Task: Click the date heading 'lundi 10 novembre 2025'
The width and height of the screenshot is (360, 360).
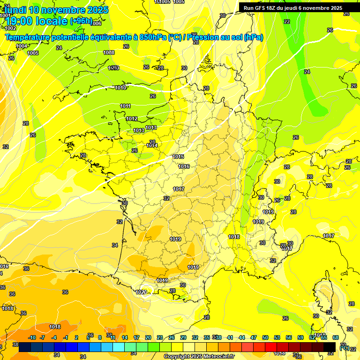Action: [56, 10]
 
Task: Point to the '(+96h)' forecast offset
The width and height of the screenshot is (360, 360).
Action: [81, 22]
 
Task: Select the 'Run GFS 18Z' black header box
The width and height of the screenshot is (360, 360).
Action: [293, 7]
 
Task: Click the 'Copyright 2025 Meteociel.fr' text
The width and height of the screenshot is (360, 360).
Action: [200, 356]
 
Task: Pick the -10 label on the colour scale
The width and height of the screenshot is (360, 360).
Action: [32, 337]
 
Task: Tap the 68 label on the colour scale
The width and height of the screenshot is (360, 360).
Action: [335, 337]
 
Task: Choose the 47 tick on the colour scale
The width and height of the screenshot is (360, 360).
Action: [254, 337]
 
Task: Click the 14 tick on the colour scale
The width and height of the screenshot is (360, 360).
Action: [125, 337]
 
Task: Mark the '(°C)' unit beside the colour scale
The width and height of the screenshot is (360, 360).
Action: [344, 347]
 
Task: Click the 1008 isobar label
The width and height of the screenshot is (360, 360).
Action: [109, 52]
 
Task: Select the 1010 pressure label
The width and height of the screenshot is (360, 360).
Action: [120, 88]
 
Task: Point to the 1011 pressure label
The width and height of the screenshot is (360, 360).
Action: [125, 106]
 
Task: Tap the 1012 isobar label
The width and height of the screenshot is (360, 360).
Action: [132, 119]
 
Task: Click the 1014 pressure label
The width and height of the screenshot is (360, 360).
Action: [152, 146]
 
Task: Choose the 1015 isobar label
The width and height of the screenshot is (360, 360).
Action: [178, 157]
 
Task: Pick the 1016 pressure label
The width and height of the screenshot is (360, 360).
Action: [184, 166]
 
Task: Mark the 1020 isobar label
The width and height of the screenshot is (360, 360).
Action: [141, 292]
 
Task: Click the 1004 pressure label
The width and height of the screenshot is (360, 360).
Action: [21, 46]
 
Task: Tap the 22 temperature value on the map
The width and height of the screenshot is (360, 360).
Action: [286, 22]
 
